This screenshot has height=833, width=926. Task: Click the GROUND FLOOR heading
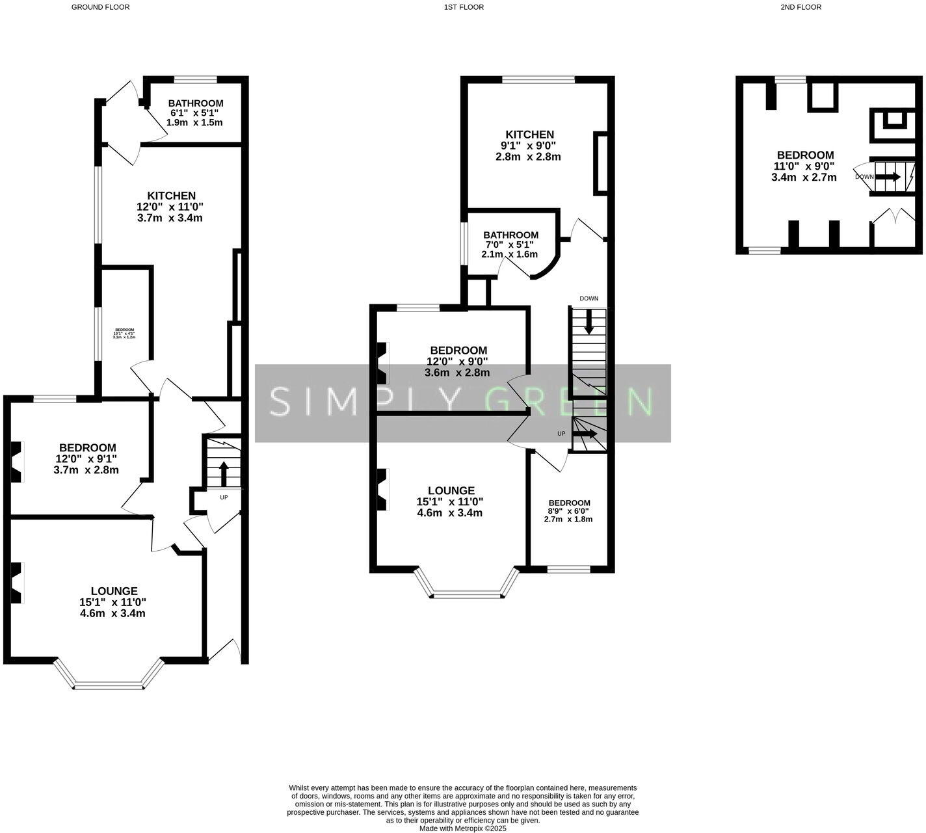100,7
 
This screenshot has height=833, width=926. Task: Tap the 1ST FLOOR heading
464,7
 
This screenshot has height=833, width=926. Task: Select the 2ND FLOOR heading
800,7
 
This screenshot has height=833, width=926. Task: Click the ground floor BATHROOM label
195,103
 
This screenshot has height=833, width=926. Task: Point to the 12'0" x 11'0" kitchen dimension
170,207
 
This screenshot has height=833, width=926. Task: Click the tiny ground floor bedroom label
124,330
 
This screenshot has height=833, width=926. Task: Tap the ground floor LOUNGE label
114,591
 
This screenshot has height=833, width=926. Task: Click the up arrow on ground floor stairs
223,472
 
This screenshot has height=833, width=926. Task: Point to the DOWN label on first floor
589,298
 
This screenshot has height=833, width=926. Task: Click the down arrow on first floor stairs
589,322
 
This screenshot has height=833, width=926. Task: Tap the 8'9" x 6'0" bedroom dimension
569,511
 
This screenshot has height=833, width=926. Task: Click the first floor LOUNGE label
451,491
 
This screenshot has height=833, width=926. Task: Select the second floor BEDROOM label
805,155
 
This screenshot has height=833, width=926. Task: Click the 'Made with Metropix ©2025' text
462,828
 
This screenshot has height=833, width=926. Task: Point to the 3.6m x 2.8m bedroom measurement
456,373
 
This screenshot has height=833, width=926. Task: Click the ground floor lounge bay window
109,684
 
